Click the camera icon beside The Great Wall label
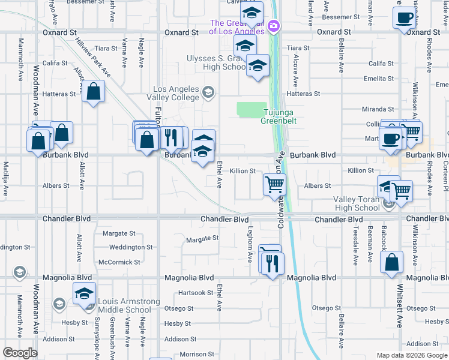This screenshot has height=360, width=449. pos(274,25)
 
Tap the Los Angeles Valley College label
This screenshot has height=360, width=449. pos(175,93)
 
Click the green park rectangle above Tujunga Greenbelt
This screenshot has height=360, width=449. pos(252,109)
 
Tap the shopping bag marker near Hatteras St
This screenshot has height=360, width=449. pos(94,92)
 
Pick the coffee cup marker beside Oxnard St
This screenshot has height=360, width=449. pos(405,17)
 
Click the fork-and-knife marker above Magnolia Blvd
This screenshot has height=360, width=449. pos(273,263)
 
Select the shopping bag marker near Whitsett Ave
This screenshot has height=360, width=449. pos(391,263)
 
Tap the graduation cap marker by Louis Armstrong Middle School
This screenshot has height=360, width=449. pos(84,294)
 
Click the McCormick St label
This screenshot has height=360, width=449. pos(119,262)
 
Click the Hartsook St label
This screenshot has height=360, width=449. pos(196,293)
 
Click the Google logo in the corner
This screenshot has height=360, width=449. pos(20,352)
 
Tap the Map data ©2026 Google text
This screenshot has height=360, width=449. pos(412,355)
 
